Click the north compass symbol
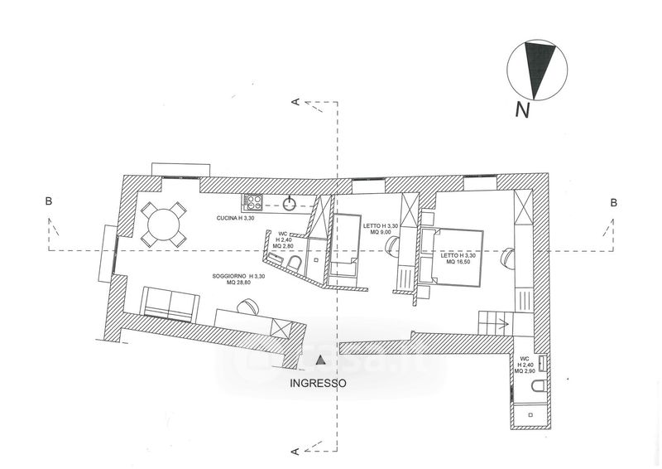[x=539, y=69]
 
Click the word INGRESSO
[x=317, y=384]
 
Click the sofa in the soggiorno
[x=170, y=302]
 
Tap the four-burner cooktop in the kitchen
[x=252, y=201]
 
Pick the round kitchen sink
[x=290, y=201]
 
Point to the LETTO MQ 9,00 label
[x=381, y=228]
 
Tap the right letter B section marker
[x=612, y=202]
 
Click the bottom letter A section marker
[x=295, y=451]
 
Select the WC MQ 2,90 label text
[x=525, y=364]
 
